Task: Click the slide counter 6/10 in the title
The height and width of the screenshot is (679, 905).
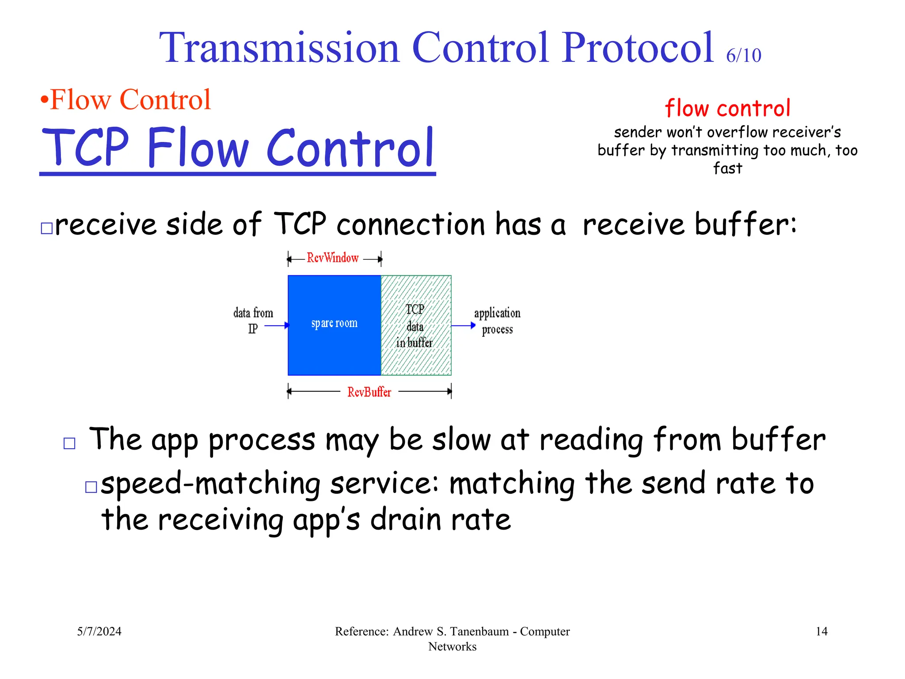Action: [743, 56]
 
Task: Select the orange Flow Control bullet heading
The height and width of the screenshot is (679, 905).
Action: [126, 99]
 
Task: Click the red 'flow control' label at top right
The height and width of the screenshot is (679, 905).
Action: [727, 108]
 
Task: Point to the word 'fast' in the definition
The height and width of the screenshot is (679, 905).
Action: [727, 168]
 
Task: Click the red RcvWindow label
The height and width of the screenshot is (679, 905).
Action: [333, 258]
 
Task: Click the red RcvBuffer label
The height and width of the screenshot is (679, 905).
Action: [369, 392]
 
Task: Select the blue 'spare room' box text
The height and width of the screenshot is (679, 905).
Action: [334, 324]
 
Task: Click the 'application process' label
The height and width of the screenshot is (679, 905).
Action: [497, 321]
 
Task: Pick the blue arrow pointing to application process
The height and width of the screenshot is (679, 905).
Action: [463, 326]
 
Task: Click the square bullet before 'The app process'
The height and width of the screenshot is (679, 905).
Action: [69, 443]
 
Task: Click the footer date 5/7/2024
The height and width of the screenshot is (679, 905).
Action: [99, 631]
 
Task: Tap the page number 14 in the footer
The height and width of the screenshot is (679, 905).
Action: [821, 631]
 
